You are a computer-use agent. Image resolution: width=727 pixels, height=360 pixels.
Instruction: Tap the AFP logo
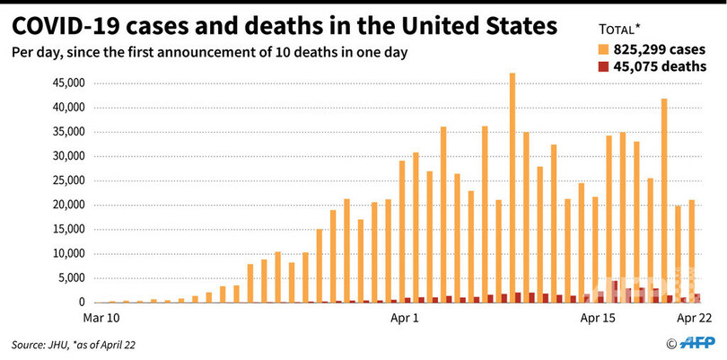click(696, 343)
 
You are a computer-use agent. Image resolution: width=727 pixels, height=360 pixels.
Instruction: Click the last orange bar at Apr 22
click(692, 251)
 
